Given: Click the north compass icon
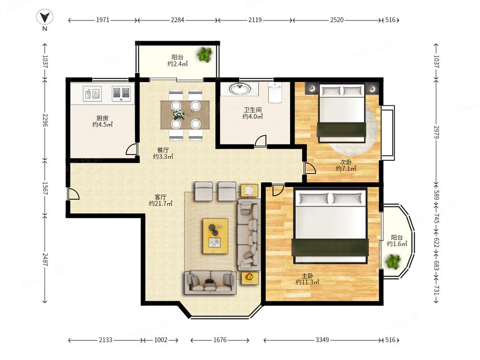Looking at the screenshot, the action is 45,17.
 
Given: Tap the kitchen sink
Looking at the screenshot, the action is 93,94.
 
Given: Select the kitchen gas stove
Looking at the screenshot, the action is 121,94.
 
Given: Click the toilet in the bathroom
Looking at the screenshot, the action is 275,92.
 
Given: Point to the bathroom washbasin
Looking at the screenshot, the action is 240,89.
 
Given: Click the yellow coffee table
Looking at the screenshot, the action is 216,236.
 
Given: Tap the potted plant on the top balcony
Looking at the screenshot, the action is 204,55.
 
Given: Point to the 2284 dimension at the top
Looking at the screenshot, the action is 178,20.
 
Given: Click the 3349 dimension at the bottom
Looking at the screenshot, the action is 323,340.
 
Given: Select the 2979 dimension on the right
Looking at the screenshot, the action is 436,132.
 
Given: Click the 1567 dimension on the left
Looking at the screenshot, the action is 45,188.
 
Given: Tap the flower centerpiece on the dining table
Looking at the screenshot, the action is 178,115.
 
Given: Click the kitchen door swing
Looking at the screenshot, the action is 131,149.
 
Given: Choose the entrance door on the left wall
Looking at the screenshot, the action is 73,194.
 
